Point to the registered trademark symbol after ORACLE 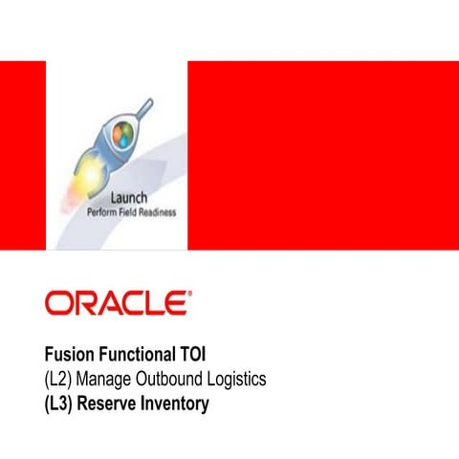coord(189,295)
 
